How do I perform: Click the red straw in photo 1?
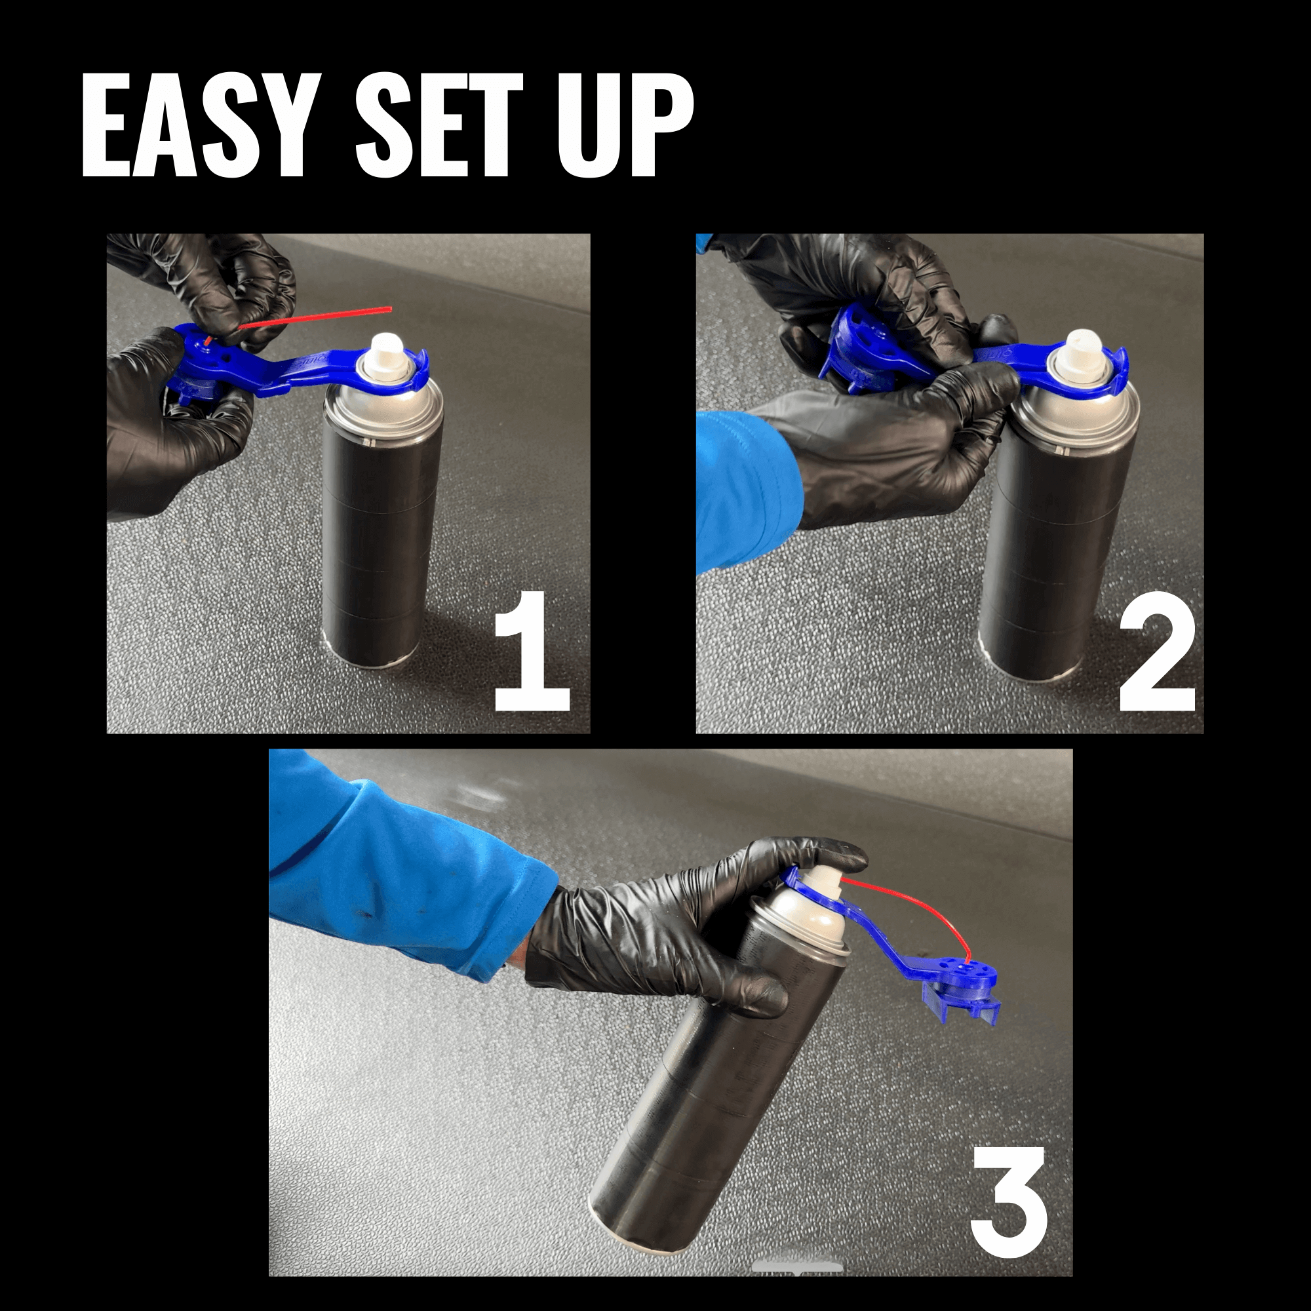pos(319,317)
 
